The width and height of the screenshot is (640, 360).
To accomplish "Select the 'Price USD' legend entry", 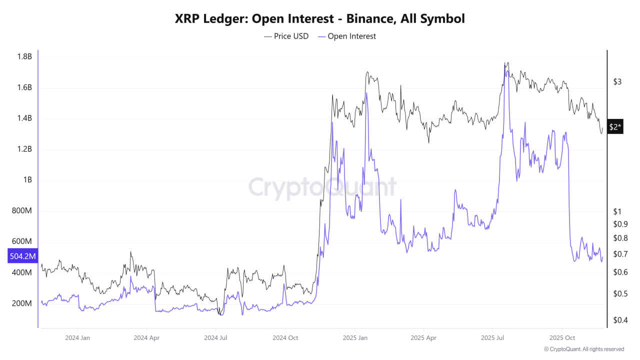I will (286, 36).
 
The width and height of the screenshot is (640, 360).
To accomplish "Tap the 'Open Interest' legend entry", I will (346, 36).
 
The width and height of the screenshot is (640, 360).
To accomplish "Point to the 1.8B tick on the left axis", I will (23, 56).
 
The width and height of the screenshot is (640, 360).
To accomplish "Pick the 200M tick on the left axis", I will (22, 303).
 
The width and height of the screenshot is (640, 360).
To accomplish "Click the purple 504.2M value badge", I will (23, 256).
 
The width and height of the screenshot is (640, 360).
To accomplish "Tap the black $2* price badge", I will (615, 127).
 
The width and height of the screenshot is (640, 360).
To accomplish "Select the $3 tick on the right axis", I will (617, 81).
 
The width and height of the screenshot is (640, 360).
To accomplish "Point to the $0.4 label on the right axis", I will (620, 320).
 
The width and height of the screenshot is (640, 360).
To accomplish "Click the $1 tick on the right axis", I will (617, 211).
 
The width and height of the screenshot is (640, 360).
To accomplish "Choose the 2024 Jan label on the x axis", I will (77, 338).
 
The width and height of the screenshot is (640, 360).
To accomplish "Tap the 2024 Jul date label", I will (215, 338).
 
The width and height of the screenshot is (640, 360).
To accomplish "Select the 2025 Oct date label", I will (562, 338).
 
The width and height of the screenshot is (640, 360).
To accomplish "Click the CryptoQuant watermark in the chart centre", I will (322, 187).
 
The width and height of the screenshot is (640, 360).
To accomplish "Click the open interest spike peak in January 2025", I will (366, 93).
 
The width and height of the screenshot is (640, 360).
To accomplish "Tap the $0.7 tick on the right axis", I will (620, 254).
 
